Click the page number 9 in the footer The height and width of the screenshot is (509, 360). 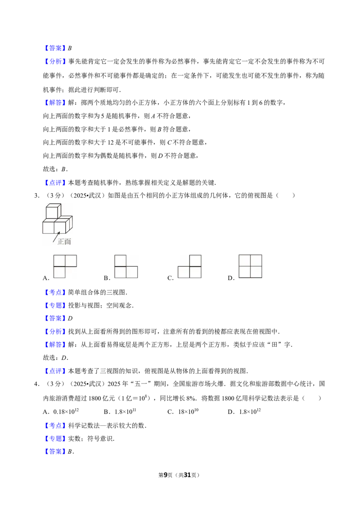point(166,475)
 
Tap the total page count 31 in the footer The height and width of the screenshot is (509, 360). point(187,475)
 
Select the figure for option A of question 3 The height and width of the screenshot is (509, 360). point(65,267)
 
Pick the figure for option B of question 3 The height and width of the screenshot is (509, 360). point(126,267)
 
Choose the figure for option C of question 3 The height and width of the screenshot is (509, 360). point(190,267)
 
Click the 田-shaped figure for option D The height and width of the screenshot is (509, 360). point(251,266)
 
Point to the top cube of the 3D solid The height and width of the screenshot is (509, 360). point(53,211)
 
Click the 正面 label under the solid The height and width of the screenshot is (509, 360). point(64,241)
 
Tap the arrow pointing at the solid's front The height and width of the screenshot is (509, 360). point(56,237)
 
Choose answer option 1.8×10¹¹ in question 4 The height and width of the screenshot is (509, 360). point(125,411)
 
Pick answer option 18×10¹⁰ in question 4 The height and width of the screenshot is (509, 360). point(188,411)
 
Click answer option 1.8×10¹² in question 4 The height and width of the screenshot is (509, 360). point(250,411)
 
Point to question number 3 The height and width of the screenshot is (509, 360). point(37,196)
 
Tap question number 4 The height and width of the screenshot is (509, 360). point(37,384)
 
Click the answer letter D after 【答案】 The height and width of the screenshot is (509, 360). point(70,318)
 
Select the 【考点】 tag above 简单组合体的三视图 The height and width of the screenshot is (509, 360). point(55,292)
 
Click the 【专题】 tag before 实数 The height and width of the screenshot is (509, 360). point(55,438)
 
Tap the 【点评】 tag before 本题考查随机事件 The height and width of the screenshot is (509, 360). point(55,183)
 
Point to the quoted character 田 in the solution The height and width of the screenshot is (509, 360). point(275,344)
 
